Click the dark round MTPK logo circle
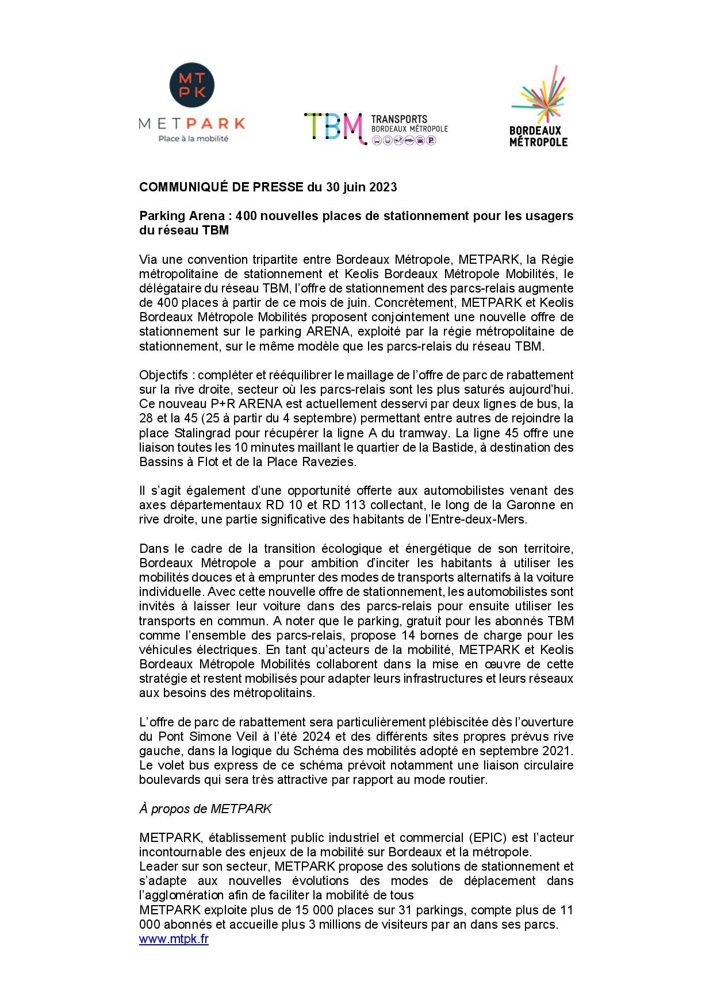(x=191, y=85)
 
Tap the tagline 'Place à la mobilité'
(x=193, y=138)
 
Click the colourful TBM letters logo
(x=335, y=128)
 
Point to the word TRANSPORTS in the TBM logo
(x=399, y=119)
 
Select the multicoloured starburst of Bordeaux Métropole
(x=539, y=94)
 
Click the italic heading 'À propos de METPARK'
(x=205, y=809)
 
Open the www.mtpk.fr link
(x=174, y=938)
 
